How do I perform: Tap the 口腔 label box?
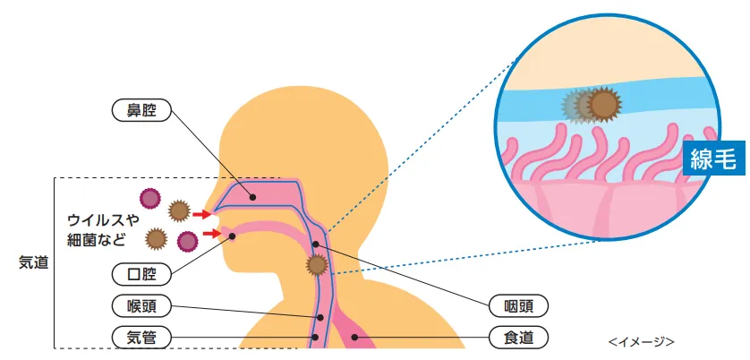141,274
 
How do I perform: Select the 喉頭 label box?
141,306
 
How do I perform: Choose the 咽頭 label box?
518,305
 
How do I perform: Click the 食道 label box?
518,338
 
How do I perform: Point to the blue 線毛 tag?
713,158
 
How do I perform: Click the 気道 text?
34,262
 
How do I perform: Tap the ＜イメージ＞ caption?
642,341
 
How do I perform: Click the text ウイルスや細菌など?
103,230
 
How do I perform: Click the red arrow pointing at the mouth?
212,234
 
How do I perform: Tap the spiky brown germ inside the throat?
317,265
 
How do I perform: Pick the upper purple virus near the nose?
150,198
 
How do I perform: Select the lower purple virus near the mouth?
188,242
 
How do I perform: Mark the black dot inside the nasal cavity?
253,197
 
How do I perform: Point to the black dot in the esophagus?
354,338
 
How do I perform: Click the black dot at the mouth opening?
233,236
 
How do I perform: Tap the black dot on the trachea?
315,337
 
